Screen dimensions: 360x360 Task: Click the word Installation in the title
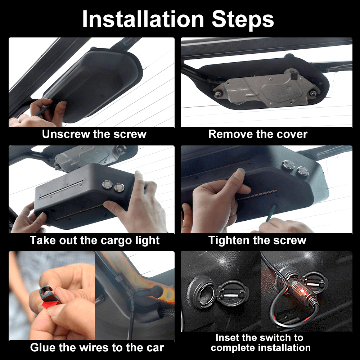click(x=143, y=19)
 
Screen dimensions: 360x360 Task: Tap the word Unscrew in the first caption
click(x=66, y=134)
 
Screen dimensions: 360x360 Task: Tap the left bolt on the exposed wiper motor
click(x=217, y=94)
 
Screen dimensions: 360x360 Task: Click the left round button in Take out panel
click(x=107, y=185)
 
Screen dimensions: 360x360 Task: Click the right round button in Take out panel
click(x=119, y=188)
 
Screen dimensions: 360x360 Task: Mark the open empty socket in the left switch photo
click(x=204, y=294)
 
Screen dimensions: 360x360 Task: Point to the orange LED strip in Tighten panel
click(x=257, y=195)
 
